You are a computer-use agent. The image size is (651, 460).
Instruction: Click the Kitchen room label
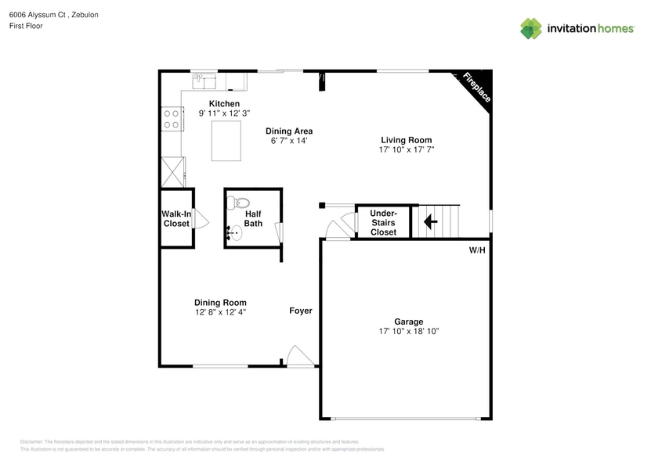[x=224, y=104]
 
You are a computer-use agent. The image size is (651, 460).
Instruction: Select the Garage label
[x=408, y=322]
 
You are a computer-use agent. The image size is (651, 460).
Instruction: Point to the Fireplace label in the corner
[x=476, y=87]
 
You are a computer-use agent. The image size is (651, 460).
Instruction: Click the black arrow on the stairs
[x=430, y=221]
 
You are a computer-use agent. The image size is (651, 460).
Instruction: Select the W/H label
[x=477, y=250]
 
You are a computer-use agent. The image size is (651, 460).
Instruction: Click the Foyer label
[x=301, y=311]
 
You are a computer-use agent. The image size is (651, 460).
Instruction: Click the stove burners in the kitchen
[x=171, y=118]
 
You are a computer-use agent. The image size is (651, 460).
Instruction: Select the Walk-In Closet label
[x=176, y=219]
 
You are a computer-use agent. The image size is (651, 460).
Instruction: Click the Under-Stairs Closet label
[x=383, y=222]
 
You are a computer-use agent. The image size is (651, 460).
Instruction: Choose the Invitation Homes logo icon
[x=531, y=29]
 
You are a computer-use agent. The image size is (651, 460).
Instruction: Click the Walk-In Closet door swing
[x=201, y=219]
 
